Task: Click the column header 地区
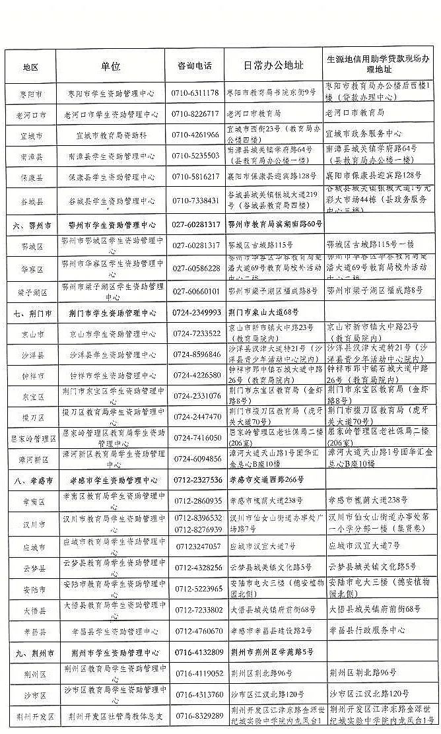30,67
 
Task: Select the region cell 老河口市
31,114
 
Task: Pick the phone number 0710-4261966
195,135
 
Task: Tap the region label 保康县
31,177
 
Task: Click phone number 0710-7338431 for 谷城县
195,200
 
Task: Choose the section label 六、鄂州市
31,225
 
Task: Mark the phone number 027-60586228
195,269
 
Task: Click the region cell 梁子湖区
31,291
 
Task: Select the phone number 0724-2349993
196,312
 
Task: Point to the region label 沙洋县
31,354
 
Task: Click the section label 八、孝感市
31,479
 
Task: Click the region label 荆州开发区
31,716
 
